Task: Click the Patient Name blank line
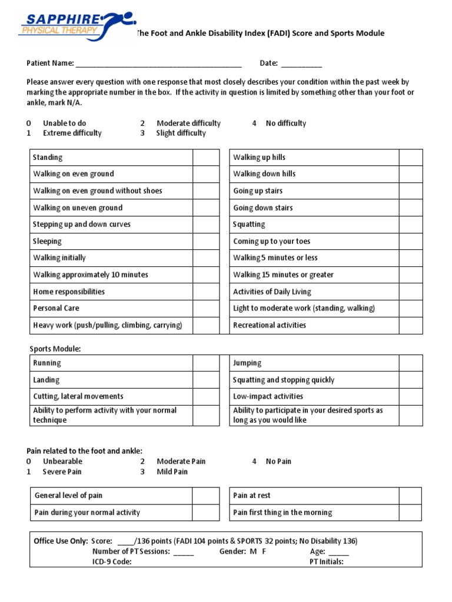coord(158,64)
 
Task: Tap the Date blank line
coord(301,64)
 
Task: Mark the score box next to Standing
coord(206,158)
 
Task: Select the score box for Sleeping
coord(206,242)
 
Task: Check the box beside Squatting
coord(411,225)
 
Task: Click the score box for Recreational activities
coord(411,325)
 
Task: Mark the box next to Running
coord(206,363)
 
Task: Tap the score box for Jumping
coord(411,363)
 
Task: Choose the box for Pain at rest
coord(410,496)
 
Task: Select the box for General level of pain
coord(206,496)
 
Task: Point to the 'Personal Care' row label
coord(56,308)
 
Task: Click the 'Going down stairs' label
coord(262,208)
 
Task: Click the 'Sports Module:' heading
coord(55,349)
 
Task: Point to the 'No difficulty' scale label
coord(286,123)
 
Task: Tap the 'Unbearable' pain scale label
coord(62,461)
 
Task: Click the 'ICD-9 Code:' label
coord(112,561)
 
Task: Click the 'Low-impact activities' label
coord(268,396)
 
